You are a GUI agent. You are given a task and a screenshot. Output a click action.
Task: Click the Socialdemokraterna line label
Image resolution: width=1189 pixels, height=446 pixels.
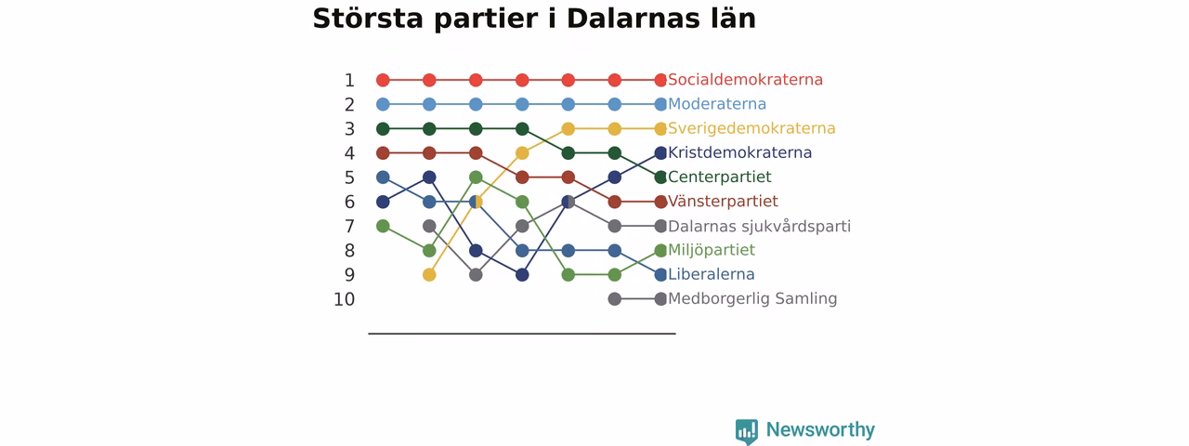click(x=745, y=80)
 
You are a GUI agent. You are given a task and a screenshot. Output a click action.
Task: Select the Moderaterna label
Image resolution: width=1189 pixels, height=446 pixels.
click(x=717, y=104)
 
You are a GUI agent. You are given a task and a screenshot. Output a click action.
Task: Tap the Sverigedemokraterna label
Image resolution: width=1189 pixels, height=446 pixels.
click(x=751, y=128)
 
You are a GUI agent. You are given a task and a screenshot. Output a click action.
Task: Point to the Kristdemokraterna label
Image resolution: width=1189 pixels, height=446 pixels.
click(x=740, y=153)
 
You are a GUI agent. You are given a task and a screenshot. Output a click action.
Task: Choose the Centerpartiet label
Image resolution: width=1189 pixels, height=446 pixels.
click(x=720, y=177)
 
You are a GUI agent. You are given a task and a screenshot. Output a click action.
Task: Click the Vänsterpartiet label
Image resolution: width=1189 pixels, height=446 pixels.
click(x=723, y=202)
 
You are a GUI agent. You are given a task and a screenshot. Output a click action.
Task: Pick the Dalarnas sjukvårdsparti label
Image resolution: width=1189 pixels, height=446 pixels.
click(x=759, y=226)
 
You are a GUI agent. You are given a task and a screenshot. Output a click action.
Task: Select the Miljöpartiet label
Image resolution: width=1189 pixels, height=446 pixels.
click(x=712, y=250)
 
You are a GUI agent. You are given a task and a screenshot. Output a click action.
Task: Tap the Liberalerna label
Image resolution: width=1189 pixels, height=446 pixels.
click(x=712, y=274)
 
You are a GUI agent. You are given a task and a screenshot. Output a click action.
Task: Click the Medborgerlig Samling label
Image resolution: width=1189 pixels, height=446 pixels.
click(x=752, y=298)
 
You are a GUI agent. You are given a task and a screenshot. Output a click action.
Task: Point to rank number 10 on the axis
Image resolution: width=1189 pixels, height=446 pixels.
click(x=344, y=299)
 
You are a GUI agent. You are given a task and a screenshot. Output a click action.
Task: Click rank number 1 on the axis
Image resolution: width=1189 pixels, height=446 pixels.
click(x=349, y=81)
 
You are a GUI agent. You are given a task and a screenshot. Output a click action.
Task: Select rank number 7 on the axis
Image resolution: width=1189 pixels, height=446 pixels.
click(x=349, y=227)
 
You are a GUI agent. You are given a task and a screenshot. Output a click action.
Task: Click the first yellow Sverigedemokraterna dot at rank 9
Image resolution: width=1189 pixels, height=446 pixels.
click(x=429, y=275)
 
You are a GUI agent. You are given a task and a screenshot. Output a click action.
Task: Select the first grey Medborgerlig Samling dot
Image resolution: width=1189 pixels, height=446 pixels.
click(x=615, y=299)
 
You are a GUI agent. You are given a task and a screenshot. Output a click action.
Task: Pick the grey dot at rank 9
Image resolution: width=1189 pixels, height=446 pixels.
click(x=476, y=275)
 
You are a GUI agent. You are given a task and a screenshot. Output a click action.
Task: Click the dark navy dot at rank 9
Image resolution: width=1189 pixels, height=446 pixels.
click(x=522, y=275)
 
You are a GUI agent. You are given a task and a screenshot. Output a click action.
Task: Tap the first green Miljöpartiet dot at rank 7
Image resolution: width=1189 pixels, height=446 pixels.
click(x=383, y=226)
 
